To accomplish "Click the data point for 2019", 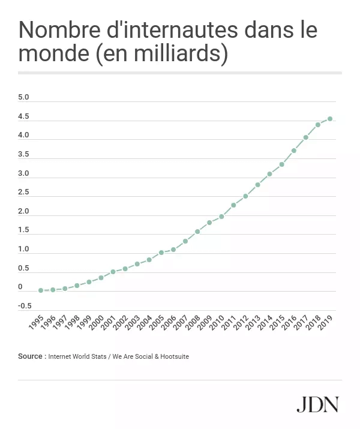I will [330, 119].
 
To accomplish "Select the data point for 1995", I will [41, 290].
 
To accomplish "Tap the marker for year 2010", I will [221, 216].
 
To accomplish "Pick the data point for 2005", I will [161, 253].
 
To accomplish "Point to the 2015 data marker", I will [281, 164].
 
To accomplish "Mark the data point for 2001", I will [113, 272].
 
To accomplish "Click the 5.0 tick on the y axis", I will [23, 97].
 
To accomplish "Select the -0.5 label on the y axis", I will [25, 305].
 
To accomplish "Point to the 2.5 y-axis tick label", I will [23, 192].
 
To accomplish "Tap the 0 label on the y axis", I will [20, 287].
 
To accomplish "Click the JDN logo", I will [317, 404].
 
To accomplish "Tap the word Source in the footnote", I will [30, 356].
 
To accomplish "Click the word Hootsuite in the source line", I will [173, 356].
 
